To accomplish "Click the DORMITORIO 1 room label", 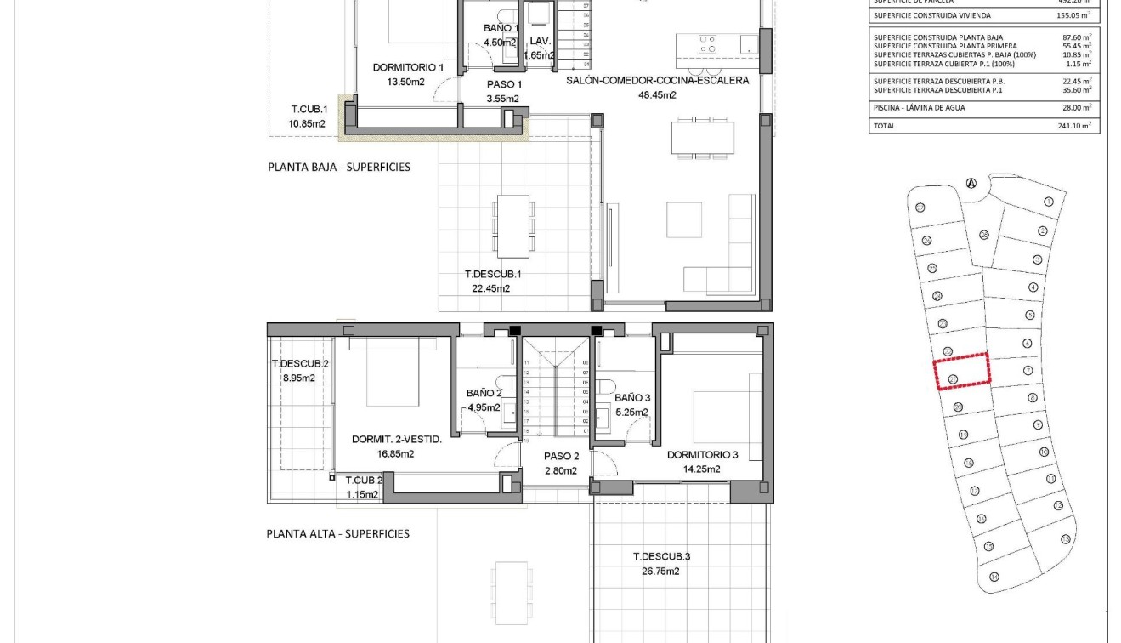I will click(x=408, y=67).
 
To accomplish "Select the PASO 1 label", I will click(x=504, y=84).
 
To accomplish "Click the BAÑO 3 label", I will click(x=632, y=398).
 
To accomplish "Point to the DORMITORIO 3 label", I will click(x=702, y=455).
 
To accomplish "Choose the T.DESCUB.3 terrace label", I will click(x=661, y=557).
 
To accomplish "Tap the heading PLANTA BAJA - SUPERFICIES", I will click(x=339, y=167).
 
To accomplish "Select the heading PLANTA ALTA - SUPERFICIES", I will click(x=337, y=534).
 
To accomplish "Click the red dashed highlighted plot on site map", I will click(x=962, y=371).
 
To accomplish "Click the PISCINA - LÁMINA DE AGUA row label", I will click(x=919, y=108).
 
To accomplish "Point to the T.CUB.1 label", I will click(x=309, y=110).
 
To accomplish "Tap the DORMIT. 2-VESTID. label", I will click(x=397, y=440).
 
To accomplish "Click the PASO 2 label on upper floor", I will click(x=561, y=456).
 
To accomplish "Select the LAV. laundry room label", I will click(x=540, y=41).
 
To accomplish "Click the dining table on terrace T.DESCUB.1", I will click(x=514, y=225).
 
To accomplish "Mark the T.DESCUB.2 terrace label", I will click(x=300, y=364).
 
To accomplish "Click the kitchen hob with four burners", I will click(x=707, y=43).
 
